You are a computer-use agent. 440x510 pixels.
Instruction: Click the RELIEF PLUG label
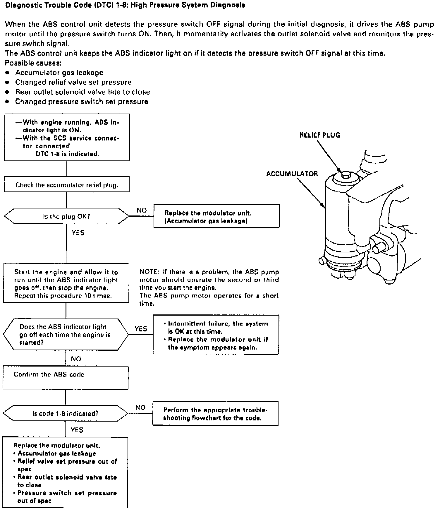320,135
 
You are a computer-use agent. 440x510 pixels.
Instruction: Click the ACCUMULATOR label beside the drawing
292,174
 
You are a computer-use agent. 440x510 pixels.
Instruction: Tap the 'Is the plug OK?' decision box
66,217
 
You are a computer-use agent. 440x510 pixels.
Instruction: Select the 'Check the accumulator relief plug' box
67,185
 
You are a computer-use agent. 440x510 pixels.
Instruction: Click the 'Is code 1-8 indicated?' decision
65,413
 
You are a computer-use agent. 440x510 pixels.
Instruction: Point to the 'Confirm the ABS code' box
66,378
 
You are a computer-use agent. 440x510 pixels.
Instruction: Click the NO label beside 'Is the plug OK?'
141,210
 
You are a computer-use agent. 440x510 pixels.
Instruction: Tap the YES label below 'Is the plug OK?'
78,233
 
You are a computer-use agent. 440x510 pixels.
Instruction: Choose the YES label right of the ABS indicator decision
141,328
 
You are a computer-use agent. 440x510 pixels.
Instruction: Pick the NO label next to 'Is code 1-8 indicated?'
140,408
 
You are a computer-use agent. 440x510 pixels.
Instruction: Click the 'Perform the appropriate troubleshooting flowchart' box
215,414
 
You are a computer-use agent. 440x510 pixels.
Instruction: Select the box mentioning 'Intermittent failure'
216,335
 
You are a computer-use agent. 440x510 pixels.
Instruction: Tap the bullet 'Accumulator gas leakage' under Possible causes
59,73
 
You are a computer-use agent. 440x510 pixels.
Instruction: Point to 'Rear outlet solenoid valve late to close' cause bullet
82,92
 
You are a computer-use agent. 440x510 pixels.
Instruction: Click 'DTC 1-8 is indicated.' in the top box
67,154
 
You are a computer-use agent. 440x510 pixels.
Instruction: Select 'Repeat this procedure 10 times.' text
63,296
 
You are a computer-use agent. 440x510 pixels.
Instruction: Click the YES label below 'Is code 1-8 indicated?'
77,430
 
